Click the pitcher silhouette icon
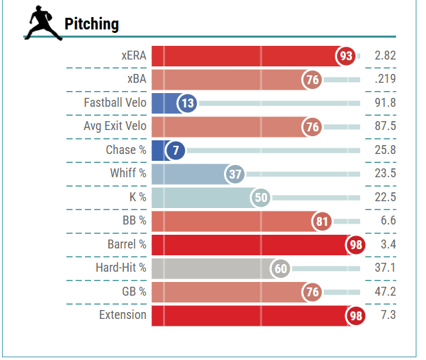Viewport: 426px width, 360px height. point(43,23)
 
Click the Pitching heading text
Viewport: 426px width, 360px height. point(92,24)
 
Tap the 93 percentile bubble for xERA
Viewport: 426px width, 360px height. point(346,56)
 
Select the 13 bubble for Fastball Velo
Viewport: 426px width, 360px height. point(187,103)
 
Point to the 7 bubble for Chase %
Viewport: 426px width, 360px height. point(175,150)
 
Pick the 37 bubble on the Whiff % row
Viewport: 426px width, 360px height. point(235,174)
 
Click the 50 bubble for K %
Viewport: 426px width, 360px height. point(261,197)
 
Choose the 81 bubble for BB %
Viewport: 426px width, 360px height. point(322,221)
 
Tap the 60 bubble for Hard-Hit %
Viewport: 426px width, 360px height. point(280,268)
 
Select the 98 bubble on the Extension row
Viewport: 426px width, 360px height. point(355,316)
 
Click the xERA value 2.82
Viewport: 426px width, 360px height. point(385,55)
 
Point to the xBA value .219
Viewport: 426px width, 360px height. point(385,79)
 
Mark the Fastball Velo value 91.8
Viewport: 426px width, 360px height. point(385,103)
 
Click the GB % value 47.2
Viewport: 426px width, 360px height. point(385,292)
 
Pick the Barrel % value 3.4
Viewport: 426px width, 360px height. point(388,244)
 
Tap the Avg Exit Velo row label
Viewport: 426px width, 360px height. point(115,126)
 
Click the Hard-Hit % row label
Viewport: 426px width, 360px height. point(121,268)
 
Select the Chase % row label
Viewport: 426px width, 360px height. point(126,150)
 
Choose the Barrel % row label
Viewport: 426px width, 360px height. point(127,244)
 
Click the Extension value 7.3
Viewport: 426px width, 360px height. point(388,315)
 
